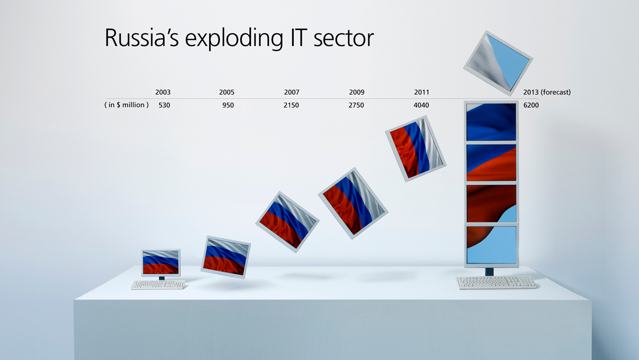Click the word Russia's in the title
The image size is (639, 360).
click(x=141, y=38)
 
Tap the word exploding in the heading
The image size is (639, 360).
click(x=234, y=39)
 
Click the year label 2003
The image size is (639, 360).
click(x=163, y=92)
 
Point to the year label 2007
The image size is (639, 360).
click(x=292, y=92)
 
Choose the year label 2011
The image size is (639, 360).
click(x=422, y=92)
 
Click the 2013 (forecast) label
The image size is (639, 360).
click(x=547, y=92)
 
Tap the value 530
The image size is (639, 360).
click(x=164, y=105)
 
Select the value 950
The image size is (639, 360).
click(x=228, y=105)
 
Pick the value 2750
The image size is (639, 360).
click(x=356, y=105)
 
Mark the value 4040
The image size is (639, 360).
click(x=422, y=105)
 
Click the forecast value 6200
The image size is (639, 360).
click(x=531, y=105)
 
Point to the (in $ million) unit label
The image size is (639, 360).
click(x=126, y=105)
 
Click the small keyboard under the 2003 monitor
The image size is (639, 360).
click(x=158, y=284)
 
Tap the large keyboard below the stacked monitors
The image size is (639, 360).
click(x=497, y=282)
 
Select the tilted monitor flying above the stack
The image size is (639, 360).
click(x=498, y=63)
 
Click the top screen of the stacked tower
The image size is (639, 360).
click(x=491, y=122)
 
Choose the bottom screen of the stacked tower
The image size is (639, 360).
click(x=492, y=244)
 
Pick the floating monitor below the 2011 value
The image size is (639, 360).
click(x=416, y=148)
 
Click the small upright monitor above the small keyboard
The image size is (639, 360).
click(x=160, y=262)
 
